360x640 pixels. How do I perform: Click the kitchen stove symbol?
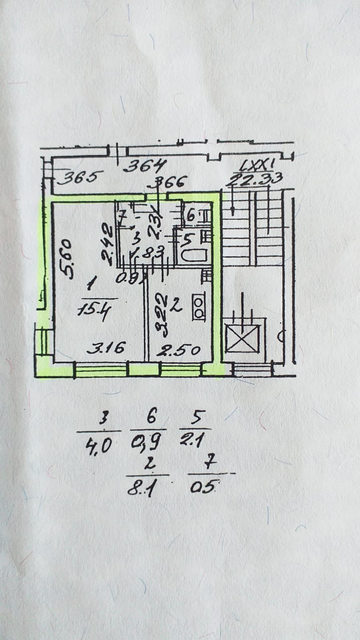(198, 307)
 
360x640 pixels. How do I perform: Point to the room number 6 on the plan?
(190, 216)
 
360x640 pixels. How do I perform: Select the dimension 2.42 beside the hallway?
(106, 244)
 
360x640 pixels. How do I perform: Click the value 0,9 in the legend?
(146, 442)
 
